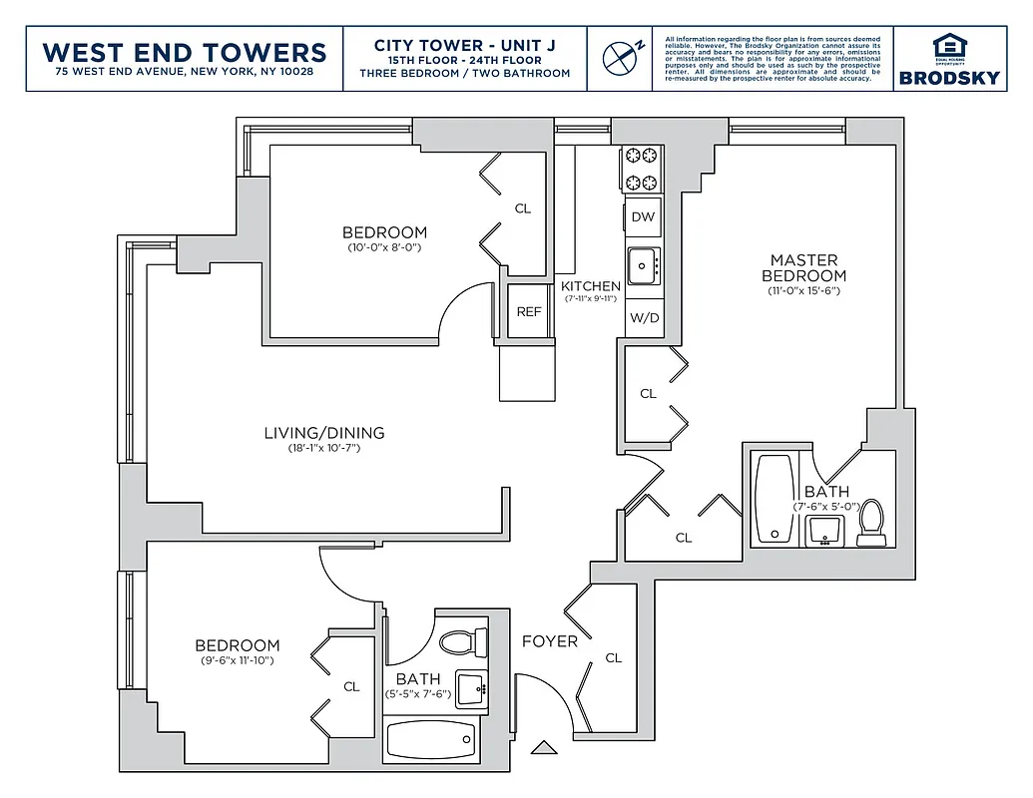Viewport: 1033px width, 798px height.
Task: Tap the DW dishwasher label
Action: click(x=644, y=216)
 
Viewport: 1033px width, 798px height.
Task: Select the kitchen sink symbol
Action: click(x=643, y=265)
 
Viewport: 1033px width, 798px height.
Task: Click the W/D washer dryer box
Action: click(x=644, y=319)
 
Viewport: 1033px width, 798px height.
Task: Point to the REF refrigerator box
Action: click(x=529, y=311)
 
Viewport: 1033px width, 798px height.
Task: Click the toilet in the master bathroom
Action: click(x=872, y=522)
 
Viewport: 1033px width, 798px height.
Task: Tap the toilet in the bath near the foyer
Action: click(x=464, y=640)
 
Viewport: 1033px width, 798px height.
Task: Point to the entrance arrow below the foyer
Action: click(x=543, y=747)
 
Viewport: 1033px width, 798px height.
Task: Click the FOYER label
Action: click(x=549, y=641)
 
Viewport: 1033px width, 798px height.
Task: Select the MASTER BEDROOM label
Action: click(x=803, y=268)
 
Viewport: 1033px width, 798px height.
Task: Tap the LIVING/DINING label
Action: click(x=324, y=433)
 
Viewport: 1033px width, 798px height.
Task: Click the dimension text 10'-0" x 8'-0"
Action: click(x=384, y=247)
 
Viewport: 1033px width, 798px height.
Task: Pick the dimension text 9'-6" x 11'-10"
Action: click(x=237, y=660)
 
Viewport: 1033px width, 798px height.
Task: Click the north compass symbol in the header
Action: click(x=623, y=56)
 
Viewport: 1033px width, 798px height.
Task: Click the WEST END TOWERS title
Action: click(x=185, y=52)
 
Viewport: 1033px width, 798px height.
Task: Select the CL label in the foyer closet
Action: click(x=614, y=657)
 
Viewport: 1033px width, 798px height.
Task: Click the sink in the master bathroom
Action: click(x=823, y=533)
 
